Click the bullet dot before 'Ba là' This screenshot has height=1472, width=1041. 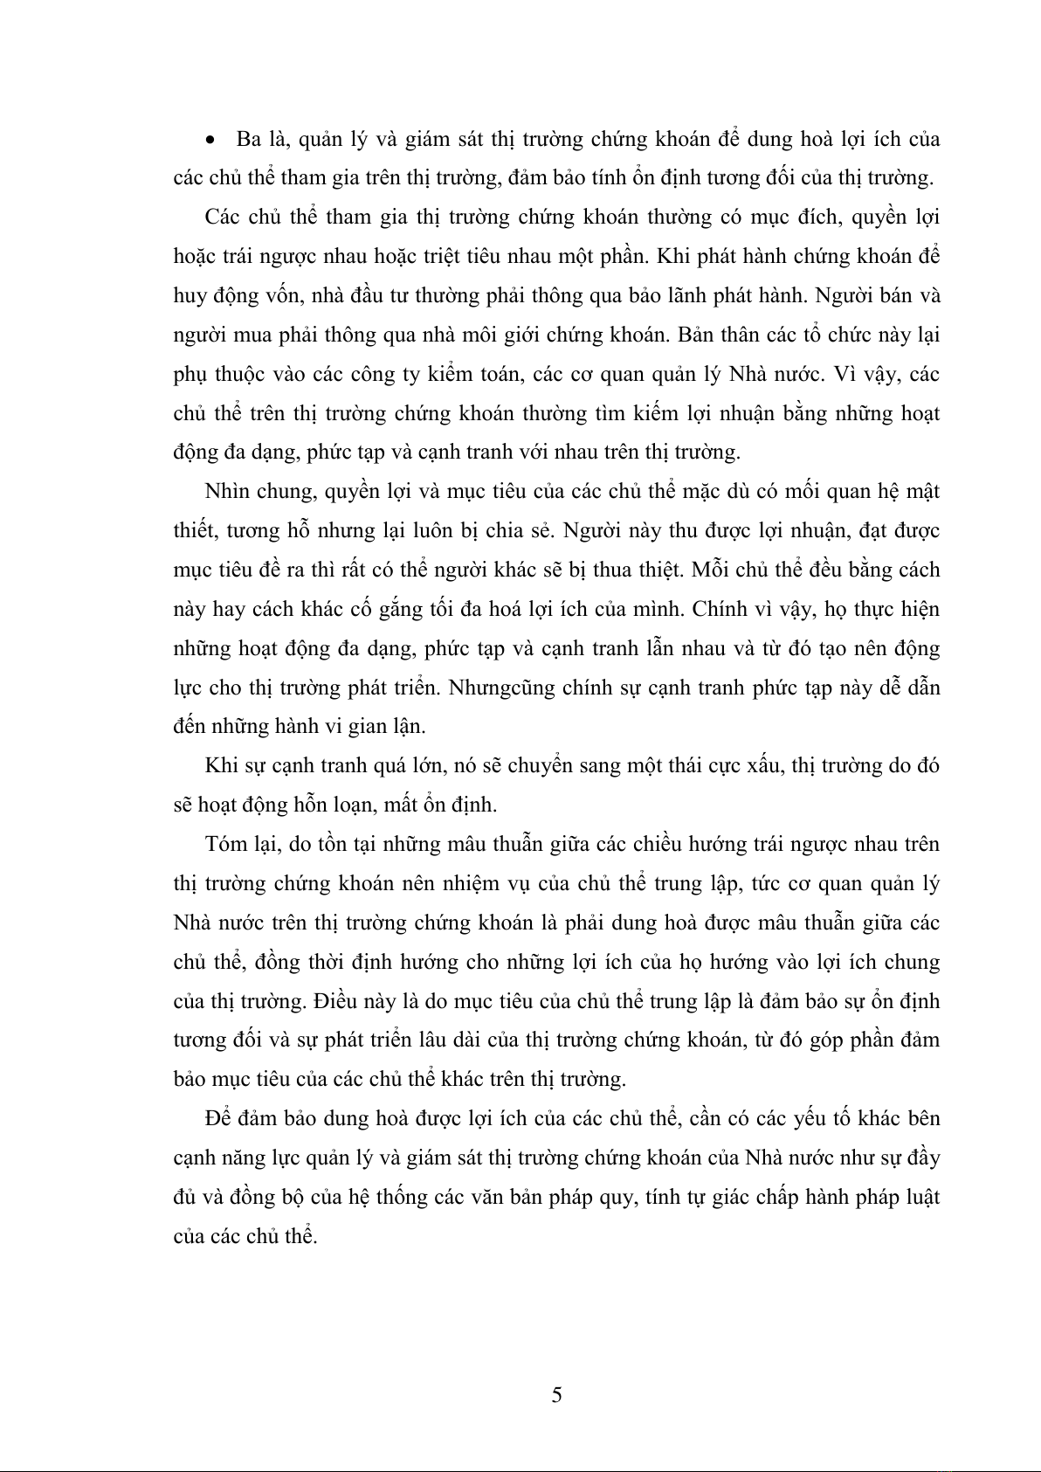pyautogui.click(x=210, y=140)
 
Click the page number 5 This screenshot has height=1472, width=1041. pyautogui.click(x=557, y=1395)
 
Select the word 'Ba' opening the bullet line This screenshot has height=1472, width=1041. pyautogui.click(x=248, y=139)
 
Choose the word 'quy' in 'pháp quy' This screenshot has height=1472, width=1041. pyautogui.click(x=616, y=1197)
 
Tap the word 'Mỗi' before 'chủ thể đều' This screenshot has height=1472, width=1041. pyautogui.click(x=712, y=570)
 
